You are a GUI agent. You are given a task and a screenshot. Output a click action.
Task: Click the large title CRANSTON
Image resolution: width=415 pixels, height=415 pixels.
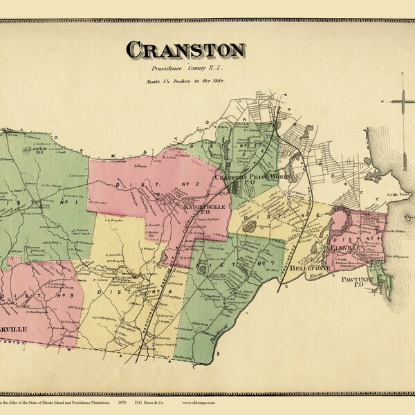coord(185,50)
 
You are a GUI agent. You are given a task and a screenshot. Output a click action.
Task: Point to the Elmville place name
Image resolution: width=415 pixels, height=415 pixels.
coord(344,246)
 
